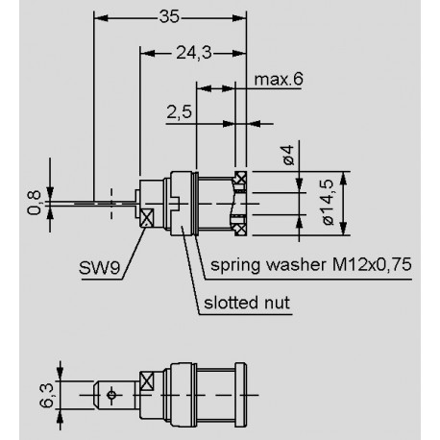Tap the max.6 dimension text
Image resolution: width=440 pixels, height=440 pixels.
(x=280, y=78)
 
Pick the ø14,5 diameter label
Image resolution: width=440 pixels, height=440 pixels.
(x=328, y=201)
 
